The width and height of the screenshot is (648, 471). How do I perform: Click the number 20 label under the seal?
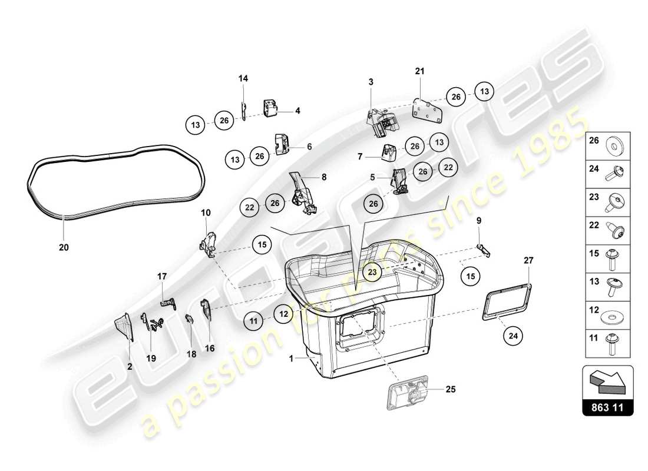64,248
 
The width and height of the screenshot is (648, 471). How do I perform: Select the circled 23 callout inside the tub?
372,271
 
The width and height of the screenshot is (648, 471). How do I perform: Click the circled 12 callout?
283,314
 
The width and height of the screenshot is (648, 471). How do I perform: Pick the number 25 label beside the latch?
450,389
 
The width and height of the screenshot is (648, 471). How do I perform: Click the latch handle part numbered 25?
407,395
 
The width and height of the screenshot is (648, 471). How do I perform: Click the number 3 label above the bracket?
371,82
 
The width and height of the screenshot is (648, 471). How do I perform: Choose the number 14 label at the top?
243,78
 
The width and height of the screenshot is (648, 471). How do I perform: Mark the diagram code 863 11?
607,407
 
